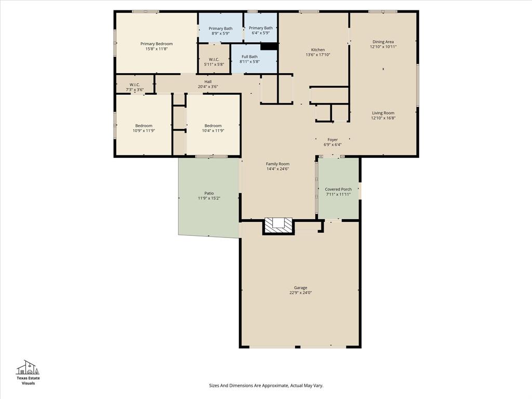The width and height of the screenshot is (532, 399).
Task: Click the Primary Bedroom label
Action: (x=156, y=44)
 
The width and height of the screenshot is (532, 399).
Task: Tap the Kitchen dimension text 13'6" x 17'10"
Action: (x=318, y=55)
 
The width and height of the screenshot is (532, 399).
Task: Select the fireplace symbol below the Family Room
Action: (x=278, y=224)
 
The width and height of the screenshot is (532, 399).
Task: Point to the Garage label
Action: (x=300, y=287)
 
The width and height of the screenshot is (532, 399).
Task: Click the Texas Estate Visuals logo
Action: (x=28, y=372)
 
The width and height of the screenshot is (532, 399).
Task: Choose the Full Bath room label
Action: (x=249, y=57)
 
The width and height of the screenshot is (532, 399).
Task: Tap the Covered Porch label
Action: (x=338, y=189)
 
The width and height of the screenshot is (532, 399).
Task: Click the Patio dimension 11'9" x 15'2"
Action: (x=209, y=198)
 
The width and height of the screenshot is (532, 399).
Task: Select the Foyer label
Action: (x=332, y=139)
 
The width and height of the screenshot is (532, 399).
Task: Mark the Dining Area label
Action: (x=383, y=42)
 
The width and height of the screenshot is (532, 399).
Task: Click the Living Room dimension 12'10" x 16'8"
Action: (x=383, y=118)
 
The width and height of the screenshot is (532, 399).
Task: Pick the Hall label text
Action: (x=208, y=82)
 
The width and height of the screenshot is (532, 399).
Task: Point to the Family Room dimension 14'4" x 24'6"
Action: (x=277, y=169)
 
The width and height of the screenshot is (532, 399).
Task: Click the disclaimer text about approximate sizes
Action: (x=266, y=385)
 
